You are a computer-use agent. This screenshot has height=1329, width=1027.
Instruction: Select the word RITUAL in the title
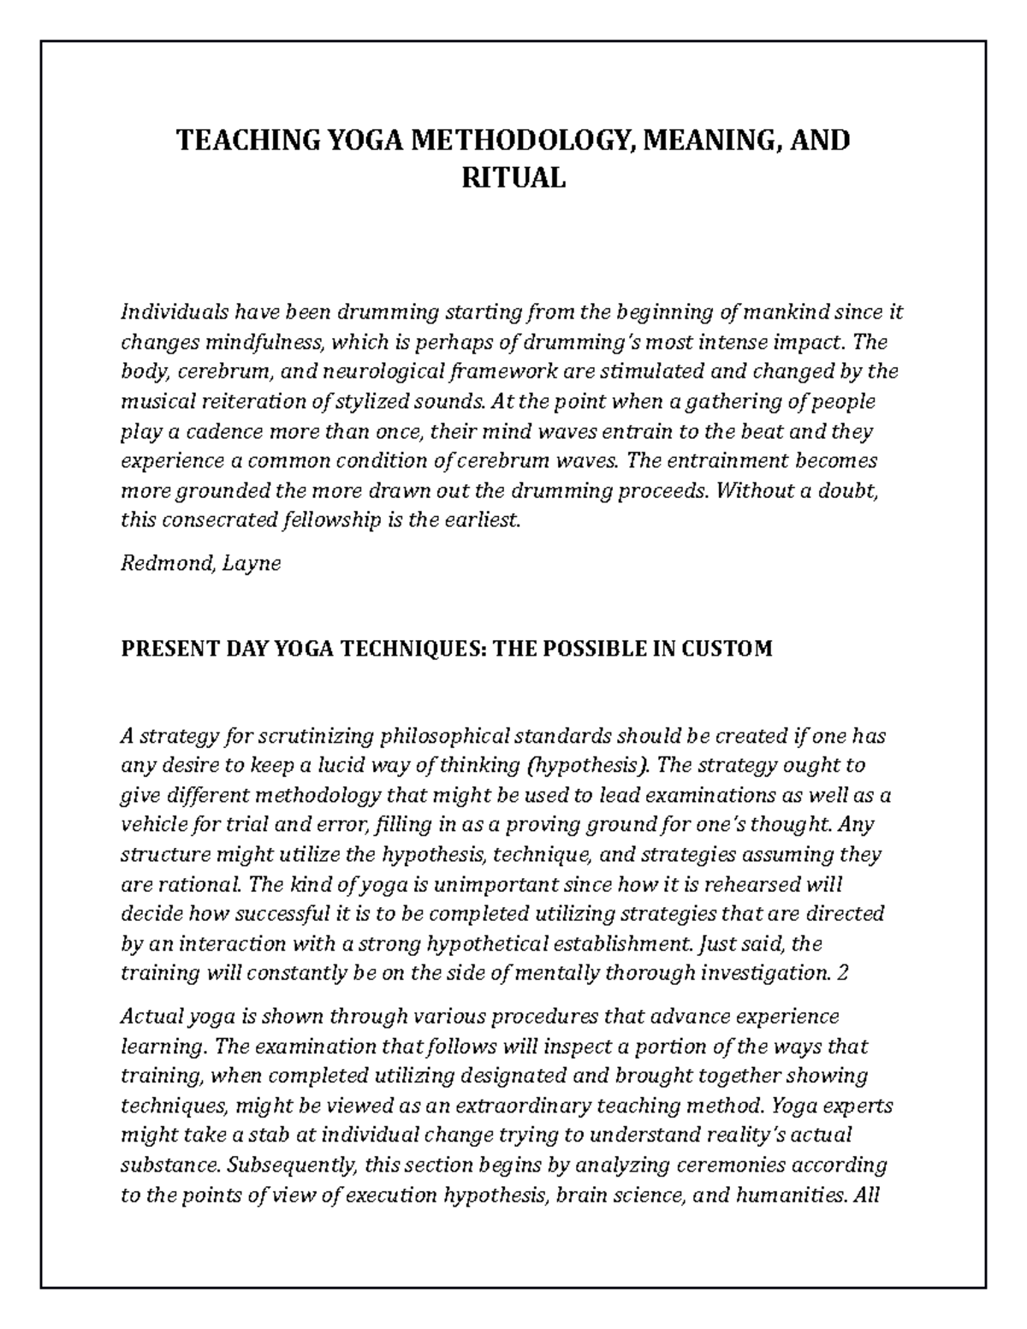513,178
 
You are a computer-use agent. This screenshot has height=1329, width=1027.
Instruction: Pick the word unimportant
447,884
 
